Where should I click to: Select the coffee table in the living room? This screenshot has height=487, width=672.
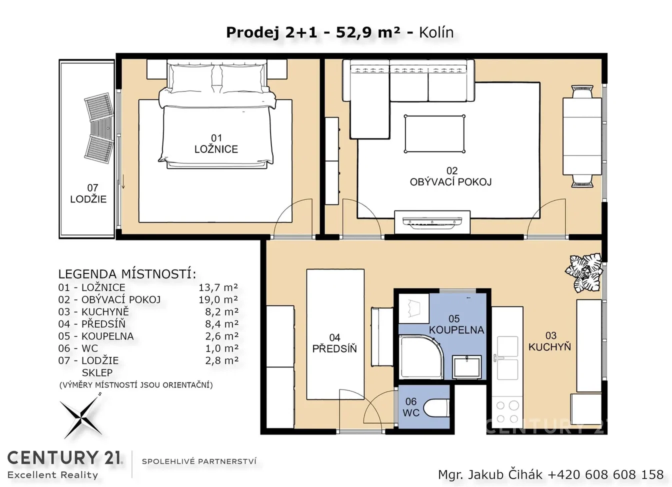(x=434, y=134)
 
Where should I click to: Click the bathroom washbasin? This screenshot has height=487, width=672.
(x=466, y=366)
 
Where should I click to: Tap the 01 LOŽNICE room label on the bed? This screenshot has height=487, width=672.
(x=216, y=143)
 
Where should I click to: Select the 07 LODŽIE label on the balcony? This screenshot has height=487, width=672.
(x=88, y=193)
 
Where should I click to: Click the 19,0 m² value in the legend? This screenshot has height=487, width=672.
(x=218, y=299)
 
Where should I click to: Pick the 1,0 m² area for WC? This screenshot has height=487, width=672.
(x=222, y=348)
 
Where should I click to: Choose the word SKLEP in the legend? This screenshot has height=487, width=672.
(x=97, y=372)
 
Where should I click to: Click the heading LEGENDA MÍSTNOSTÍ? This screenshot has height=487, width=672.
(x=127, y=274)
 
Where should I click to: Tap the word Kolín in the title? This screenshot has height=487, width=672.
(x=436, y=32)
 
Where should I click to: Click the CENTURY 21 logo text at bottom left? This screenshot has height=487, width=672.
(x=64, y=458)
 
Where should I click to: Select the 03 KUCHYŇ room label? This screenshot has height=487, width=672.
(x=549, y=341)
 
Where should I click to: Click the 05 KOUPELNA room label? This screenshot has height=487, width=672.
(x=456, y=324)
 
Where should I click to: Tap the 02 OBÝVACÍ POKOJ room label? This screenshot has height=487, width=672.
(x=451, y=176)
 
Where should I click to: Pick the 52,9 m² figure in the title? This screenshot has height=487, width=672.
(x=368, y=32)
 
